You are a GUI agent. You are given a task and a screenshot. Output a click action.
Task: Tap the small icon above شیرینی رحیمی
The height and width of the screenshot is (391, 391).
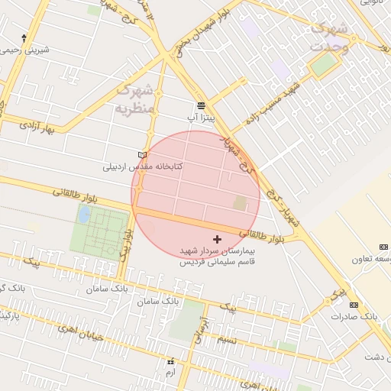tap(24, 37)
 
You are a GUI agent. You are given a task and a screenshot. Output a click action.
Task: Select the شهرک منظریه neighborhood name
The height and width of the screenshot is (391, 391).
tap(136, 99)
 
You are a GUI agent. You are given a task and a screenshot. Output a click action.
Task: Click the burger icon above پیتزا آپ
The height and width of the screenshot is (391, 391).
tap(200, 105)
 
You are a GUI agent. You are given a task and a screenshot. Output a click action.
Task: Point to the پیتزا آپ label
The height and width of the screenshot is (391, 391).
tap(204, 118)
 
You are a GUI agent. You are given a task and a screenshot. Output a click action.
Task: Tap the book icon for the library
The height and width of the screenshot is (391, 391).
tap(141, 154)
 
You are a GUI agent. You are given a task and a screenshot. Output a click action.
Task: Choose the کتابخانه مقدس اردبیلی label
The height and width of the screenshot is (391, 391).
tap(141, 166)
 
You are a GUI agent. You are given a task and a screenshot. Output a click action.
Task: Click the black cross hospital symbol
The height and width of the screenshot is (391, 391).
tap(218, 239)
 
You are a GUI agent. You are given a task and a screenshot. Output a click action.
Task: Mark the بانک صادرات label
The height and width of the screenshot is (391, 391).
tap(355, 315)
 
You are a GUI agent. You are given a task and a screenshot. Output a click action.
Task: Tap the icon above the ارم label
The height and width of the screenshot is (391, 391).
tap(170, 360)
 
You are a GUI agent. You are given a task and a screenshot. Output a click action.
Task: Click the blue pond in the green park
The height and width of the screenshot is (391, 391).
tap(82, 215)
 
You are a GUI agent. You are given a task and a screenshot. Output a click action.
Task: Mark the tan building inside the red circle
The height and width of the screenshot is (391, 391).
tap(240, 204)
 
